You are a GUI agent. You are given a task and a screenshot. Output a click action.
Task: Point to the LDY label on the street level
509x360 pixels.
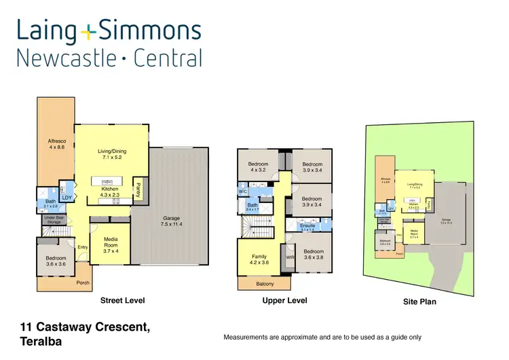(x=67, y=198)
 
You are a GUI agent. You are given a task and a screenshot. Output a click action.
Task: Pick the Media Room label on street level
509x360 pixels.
(x=111, y=245)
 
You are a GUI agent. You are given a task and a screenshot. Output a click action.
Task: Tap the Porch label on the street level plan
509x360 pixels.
(x=83, y=283)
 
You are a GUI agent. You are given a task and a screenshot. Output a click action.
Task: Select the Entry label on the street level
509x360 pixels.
(x=82, y=247)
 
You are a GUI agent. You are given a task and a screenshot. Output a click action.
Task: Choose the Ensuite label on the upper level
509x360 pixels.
(x=307, y=226)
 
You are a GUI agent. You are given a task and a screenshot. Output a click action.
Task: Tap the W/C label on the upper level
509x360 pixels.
(x=243, y=192)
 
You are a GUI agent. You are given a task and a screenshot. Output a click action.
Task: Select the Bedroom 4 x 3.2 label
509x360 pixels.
(x=258, y=167)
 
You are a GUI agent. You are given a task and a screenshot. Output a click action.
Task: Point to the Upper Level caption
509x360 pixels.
(x=284, y=300)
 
